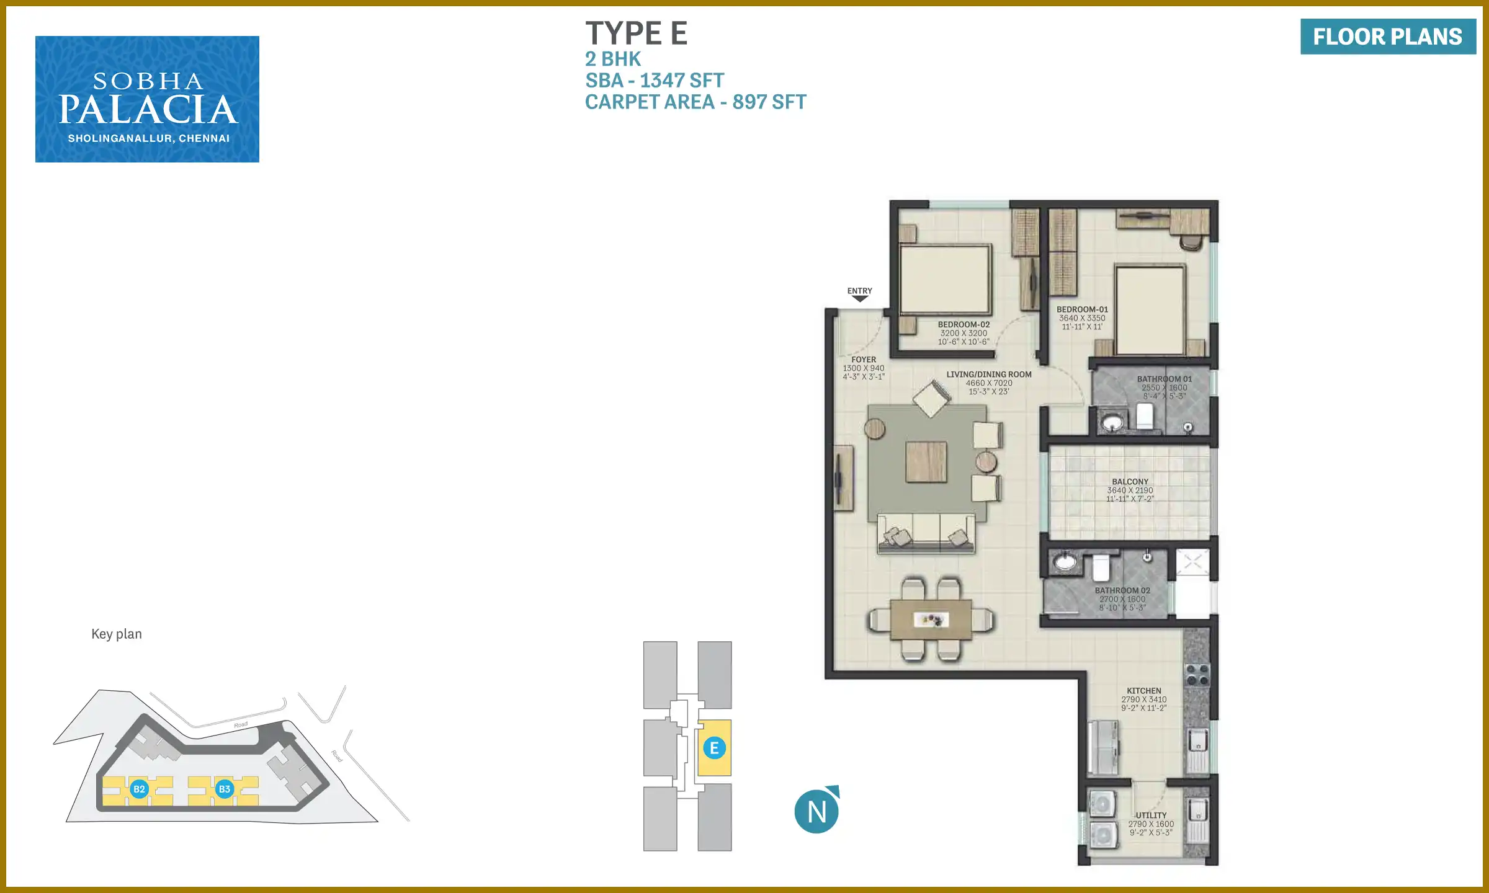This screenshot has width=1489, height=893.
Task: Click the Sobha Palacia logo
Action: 147,99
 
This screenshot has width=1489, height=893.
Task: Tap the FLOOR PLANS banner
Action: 1388,37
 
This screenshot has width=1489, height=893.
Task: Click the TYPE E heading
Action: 637,33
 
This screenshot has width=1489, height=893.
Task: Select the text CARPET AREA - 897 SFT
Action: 695,102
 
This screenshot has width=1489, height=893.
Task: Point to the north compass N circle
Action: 816,811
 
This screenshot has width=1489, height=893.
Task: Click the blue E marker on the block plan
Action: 714,748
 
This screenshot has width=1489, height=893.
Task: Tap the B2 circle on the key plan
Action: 139,789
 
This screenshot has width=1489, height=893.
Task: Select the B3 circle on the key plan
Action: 224,789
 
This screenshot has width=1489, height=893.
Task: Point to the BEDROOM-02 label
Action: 964,324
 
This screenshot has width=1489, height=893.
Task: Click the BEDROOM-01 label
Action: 1082,309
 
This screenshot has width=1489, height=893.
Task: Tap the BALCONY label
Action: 1130,482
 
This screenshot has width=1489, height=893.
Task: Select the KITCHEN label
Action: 1143,691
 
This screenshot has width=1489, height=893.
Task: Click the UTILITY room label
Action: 1151,815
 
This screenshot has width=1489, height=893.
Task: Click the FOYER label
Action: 864,360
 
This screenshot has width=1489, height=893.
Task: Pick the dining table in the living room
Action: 931,620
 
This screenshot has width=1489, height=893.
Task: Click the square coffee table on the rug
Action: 926,462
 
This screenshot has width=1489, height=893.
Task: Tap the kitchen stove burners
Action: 1197,675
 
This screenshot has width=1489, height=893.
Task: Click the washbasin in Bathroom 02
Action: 1065,562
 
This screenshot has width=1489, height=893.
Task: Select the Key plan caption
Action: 117,634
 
